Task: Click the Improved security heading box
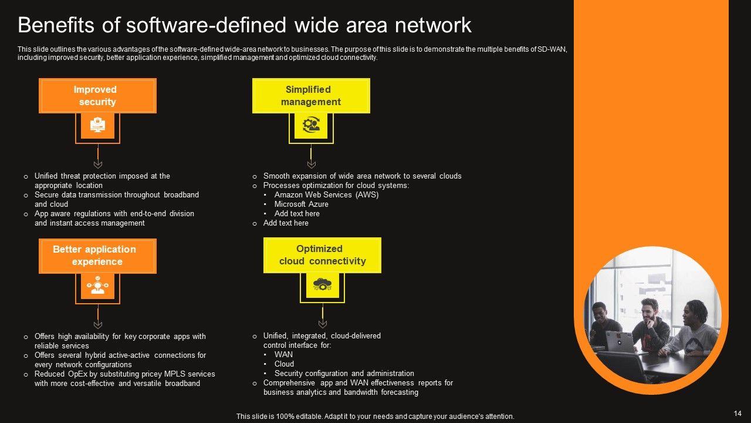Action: (x=97, y=96)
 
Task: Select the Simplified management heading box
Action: (x=311, y=96)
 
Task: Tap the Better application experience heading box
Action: (x=97, y=256)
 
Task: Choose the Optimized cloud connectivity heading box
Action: (x=322, y=255)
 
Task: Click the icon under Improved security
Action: (x=97, y=125)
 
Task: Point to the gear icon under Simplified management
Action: (x=311, y=125)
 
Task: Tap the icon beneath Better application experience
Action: (x=97, y=286)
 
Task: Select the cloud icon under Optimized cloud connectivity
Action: (x=322, y=285)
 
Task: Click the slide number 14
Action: (x=738, y=414)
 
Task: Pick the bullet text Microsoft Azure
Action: (x=301, y=204)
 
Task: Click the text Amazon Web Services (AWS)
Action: (x=326, y=195)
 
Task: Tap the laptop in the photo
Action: (x=620, y=341)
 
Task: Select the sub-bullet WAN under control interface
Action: (x=283, y=355)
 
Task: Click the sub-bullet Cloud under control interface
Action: (x=284, y=364)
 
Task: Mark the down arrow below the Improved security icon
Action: (x=98, y=164)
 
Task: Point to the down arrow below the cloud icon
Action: (x=322, y=324)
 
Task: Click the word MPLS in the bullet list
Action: (x=170, y=374)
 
